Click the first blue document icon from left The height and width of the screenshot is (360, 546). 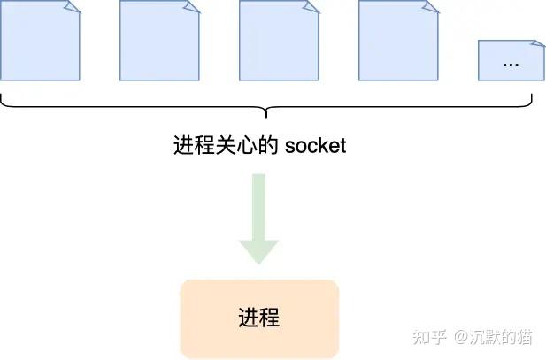tap(40, 41)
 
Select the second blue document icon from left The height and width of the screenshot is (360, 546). tap(159, 41)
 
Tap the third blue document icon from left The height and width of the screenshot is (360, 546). tap(279, 41)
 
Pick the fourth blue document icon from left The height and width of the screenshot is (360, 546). tap(398, 41)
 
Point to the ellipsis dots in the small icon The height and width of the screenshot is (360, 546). tap(511, 65)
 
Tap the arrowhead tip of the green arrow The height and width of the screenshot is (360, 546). tap(259, 263)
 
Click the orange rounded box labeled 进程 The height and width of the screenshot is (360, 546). tap(259, 318)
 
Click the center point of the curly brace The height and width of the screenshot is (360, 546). tap(266, 113)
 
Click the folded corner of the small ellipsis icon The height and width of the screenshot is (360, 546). tap(537, 44)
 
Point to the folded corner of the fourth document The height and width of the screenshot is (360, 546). tap(431, 6)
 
